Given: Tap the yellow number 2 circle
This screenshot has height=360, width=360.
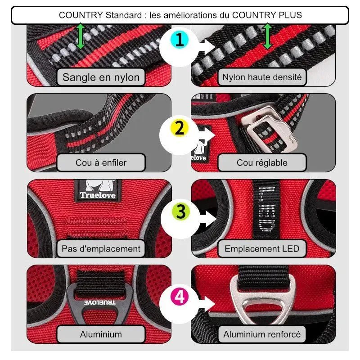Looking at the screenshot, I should (x=180, y=128).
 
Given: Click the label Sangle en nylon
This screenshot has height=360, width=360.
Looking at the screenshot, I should (x=101, y=77).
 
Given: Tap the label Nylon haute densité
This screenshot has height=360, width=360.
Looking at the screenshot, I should (x=262, y=77).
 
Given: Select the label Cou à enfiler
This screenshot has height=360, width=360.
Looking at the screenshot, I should (x=101, y=162).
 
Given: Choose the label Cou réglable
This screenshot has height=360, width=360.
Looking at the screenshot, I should (x=262, y=162).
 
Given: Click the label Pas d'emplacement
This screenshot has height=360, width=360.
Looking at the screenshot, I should (x=101, y=248).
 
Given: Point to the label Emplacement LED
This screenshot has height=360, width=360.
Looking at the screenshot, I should (x=262, y=248).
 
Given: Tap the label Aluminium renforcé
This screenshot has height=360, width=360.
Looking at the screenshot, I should (x=262, y=334).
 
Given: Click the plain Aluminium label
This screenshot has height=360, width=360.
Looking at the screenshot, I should (x=101, y=334).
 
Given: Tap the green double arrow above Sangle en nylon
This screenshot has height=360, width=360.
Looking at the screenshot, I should (x=81, y=37).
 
